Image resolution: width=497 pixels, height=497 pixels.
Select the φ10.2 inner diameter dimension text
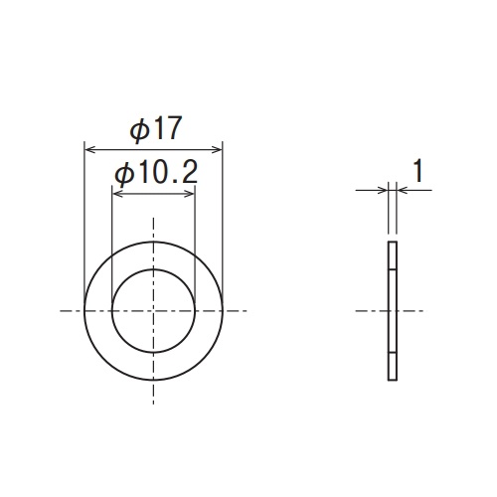[x=153, y=174]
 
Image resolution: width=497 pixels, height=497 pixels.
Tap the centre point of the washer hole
[x=153, y=311]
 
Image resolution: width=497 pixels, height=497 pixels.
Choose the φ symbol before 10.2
[x=123, y=174]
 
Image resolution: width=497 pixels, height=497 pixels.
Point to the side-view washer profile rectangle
[x=392, y=311]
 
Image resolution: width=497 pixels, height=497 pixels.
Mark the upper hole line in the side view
[x=392, y=269]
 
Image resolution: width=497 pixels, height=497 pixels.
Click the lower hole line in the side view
[x=392, y=353]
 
